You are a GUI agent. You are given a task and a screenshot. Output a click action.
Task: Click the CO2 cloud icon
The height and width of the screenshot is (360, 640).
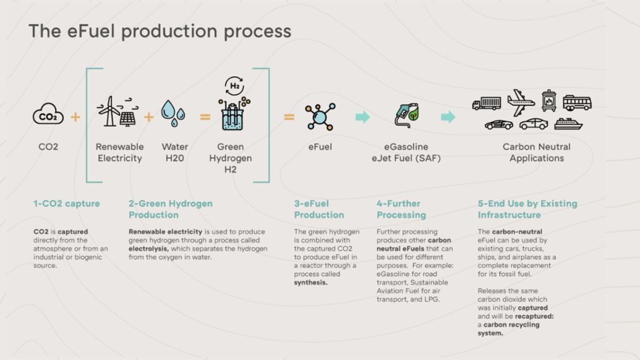point(48,116)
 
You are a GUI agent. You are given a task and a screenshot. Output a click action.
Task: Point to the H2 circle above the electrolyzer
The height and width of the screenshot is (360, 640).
point(235,86)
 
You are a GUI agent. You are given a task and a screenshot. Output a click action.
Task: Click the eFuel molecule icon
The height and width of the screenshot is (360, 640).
point(320,116)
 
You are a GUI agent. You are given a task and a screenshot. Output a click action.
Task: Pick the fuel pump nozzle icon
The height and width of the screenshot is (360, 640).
point(406,116)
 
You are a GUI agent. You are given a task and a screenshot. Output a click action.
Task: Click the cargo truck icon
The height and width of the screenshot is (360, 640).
point(487,103)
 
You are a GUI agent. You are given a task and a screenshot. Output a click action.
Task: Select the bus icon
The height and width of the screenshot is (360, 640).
point(577,103)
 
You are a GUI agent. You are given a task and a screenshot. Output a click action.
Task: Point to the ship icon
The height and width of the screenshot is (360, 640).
point(568,124)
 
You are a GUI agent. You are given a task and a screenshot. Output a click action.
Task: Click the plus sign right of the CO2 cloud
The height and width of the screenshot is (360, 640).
point(75,116)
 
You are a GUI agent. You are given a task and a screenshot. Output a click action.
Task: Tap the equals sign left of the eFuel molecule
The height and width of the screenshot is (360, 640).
point(289,116)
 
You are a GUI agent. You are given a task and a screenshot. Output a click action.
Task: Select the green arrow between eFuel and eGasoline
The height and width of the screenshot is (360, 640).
point(362,116)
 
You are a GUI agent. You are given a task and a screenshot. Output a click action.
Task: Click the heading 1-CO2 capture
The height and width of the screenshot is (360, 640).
point(66,204)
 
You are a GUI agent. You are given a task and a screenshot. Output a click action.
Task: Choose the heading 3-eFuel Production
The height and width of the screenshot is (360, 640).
point(319,209)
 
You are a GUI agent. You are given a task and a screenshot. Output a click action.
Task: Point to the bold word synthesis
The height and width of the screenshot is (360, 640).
point(311,282)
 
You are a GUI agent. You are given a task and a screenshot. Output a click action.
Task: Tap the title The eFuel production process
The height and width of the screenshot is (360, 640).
point(160,31)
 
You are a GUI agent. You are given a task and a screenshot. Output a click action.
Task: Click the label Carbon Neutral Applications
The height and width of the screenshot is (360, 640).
point(536,152)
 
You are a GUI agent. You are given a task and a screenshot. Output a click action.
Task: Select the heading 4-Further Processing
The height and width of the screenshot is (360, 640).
point(401,209)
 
